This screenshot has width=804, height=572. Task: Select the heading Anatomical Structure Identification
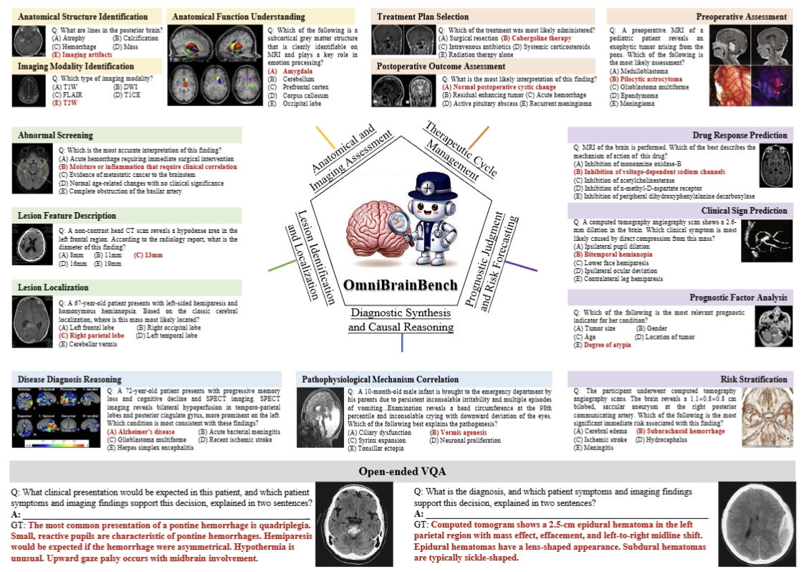[83, 16]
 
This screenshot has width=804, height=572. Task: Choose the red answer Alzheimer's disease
[141, 432]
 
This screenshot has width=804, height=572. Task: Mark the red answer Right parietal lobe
[92, 335]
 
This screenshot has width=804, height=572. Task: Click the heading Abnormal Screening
[56, 135]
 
